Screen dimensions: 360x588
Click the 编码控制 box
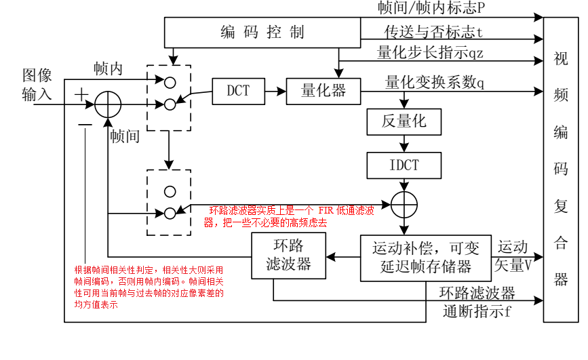tap(262, 32)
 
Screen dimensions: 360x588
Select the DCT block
tap(237, 90)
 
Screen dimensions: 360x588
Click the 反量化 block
tap(404, 122)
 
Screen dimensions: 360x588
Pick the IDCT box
tap(404, 165)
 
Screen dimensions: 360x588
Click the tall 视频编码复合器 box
tap(560, 169)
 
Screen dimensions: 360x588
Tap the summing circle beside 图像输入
tap(108, 104)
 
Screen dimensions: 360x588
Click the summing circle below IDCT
tap(404, 204)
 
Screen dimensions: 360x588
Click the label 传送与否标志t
tap(433, 32)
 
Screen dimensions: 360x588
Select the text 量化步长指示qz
tap(430, 52)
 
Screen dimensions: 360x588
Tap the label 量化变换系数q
tap(434, 82)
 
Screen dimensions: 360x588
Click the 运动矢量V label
tap(514, 256)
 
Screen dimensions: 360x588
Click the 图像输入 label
tap(37, 85)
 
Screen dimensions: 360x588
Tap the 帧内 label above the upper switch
tap(109, 68)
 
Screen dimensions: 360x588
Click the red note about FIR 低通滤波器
tap(290, 216)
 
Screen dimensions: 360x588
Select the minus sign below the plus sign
tap(84, 124)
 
